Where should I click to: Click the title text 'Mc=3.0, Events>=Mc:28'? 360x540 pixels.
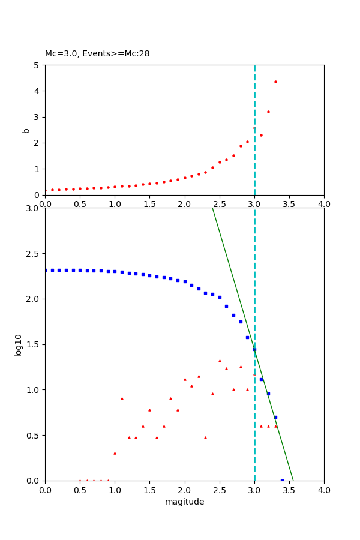(x=97, y=53)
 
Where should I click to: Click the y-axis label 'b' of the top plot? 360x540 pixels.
(x=26, y=130)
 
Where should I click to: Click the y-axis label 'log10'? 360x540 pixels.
(x=19, y=345)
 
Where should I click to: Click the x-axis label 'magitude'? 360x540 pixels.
(x=184, y=502)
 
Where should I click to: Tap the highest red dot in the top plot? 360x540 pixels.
(x=275, y=82)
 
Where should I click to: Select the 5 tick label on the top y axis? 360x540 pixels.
(x=37, y=65)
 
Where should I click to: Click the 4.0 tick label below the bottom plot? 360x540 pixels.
(x=324, y=490)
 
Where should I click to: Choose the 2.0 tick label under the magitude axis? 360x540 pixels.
(x=184, y=490)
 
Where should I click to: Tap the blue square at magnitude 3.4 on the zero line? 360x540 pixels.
(x=282, y=480)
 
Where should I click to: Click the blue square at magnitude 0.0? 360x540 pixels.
(x=46, y=270)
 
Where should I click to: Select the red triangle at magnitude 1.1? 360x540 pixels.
(x=122, y=398)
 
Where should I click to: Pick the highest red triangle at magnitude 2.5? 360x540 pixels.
(x=220, y=361)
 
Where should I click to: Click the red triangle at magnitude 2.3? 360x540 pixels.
(x=205, y=437)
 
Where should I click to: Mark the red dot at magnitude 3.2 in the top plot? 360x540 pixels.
(x=268, y=112)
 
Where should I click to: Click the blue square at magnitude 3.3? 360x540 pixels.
(x=275, y=417)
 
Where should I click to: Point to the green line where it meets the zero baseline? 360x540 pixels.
(x=293, y=480)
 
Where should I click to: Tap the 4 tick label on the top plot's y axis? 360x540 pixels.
(x=37, y=91)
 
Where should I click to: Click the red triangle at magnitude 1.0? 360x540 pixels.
(x=115, y=453)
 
